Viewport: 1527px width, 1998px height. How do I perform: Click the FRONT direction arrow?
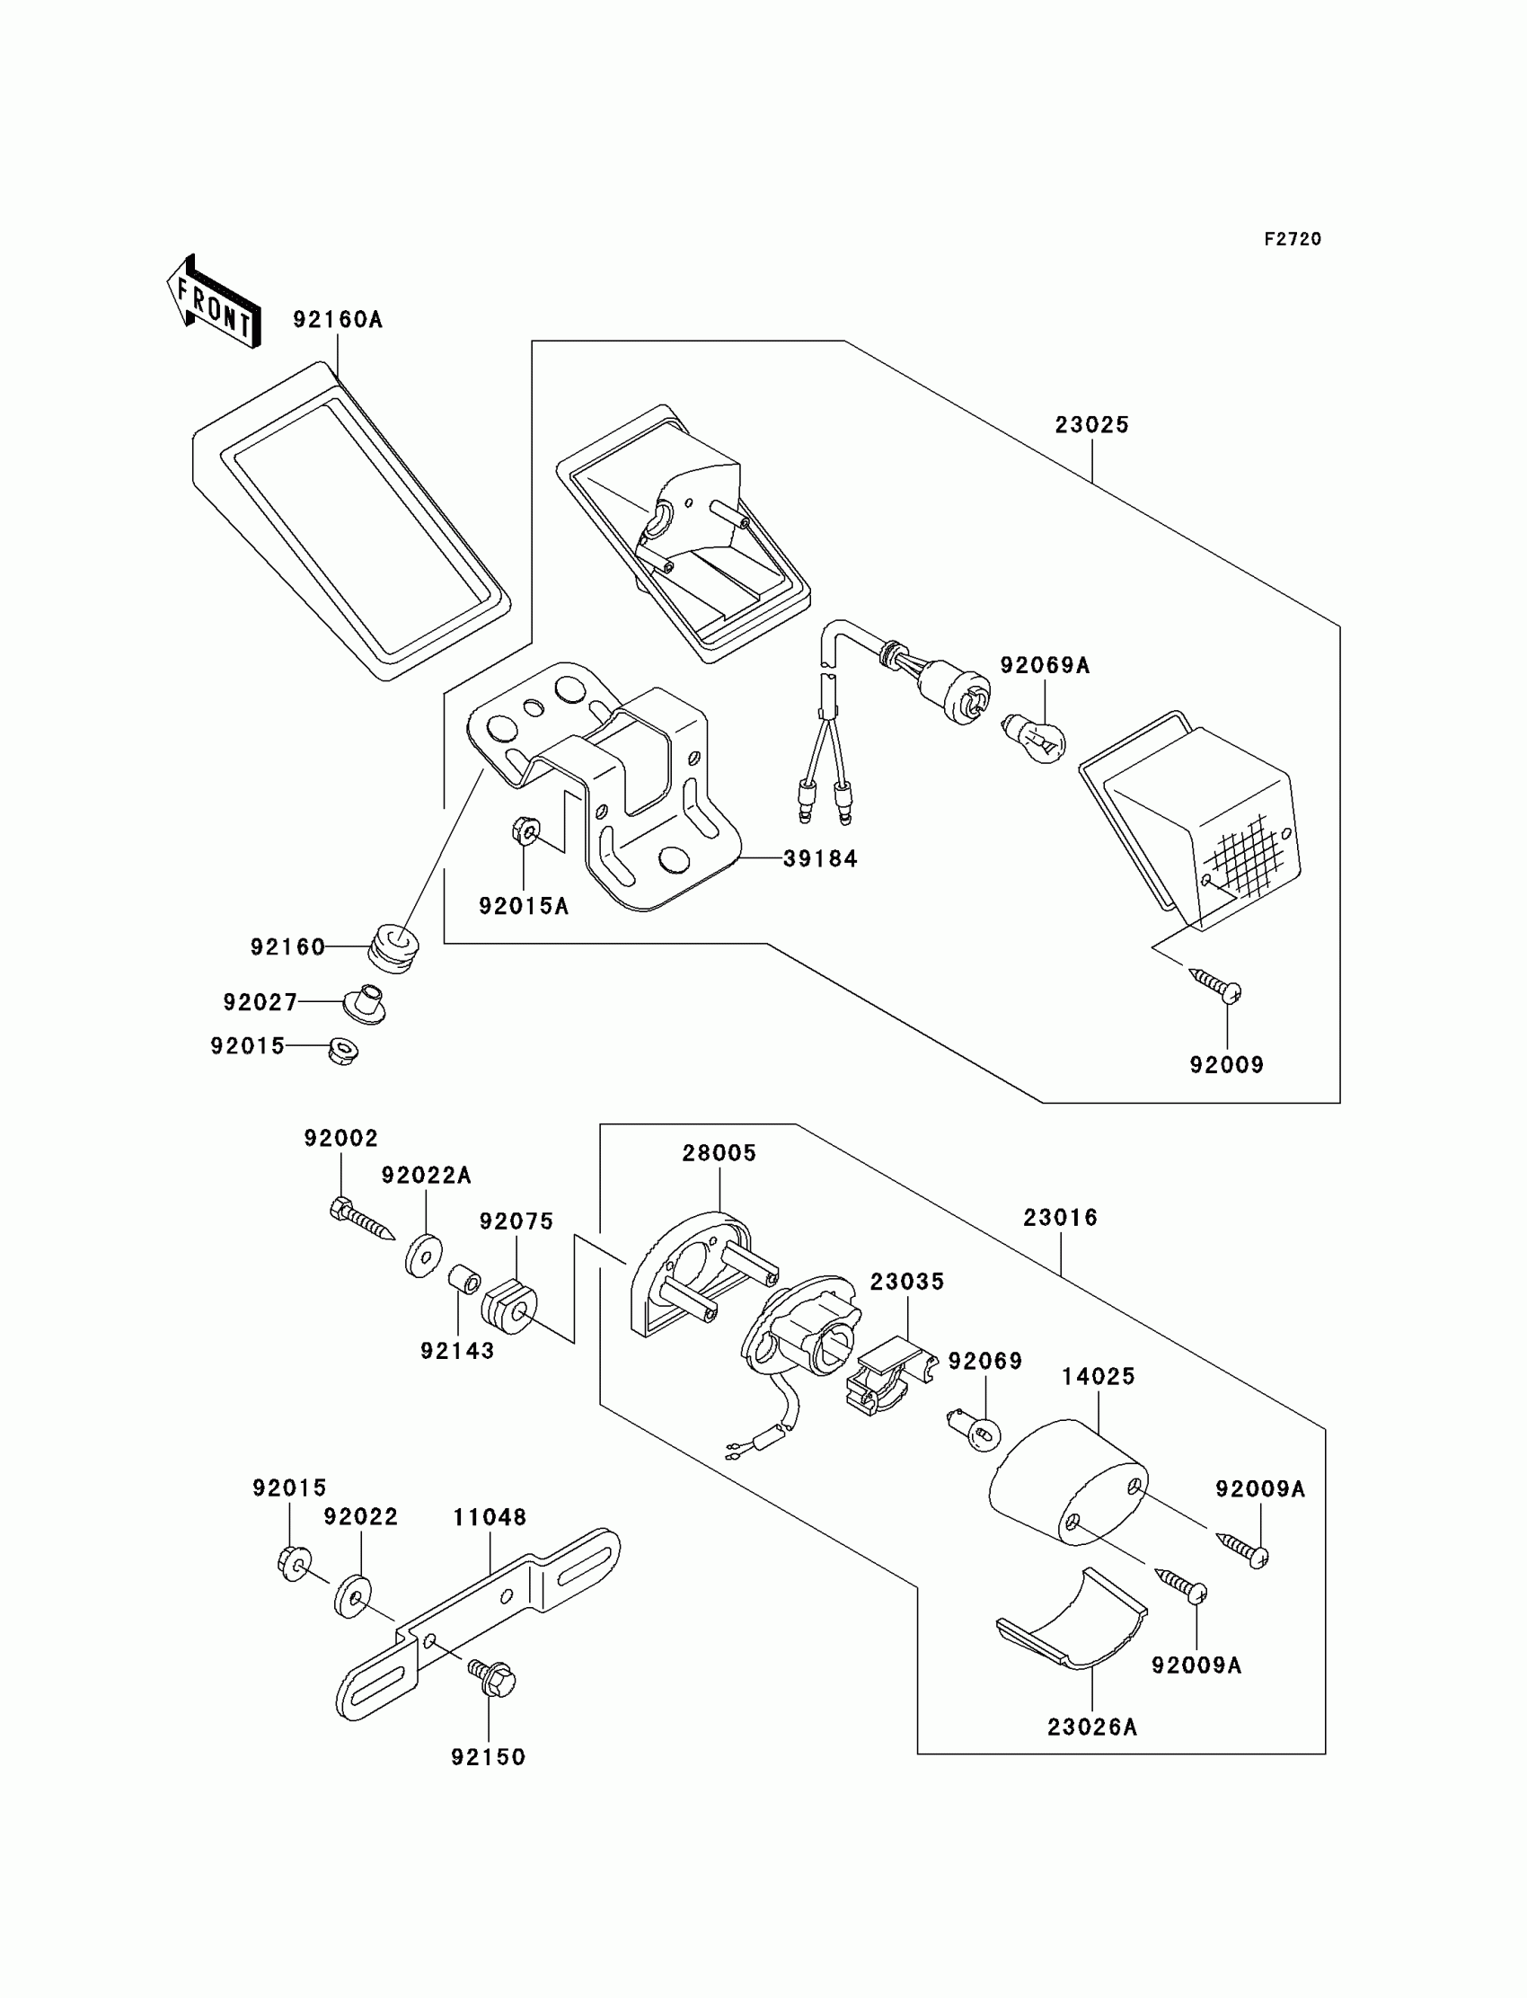pyautogui.click(x=215, y=303)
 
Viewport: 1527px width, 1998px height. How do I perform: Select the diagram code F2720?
pyautogui.click(x=1293, y=239)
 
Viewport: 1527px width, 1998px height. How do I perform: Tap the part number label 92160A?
pyautogui.click(x=337, y=319)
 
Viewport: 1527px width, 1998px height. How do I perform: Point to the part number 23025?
pyautogui.click(x=1091, y=425)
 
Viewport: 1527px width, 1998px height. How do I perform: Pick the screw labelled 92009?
pyautogui.click(x=1215, y=986)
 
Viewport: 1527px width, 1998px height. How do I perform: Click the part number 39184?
pyautogui.click(x=820, y=858)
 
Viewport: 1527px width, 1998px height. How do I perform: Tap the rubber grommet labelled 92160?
pyautogui.click(x=393, y=948)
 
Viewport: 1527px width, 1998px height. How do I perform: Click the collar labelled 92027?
pyautogui.click(x=364, y=1003)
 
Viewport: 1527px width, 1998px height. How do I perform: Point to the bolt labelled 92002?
pyautogui.click(x=362, y=1219)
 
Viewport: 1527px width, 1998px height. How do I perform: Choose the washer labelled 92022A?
pyautogui.click(x=424, y=1256)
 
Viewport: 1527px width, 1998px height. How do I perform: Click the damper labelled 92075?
pyautogui.click(x=509, y=1307)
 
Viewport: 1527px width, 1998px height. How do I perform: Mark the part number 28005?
pyautogui.click(x=719, y=1153)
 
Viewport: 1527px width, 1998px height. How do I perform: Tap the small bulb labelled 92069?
pyautogui.click(x=975, y=1431)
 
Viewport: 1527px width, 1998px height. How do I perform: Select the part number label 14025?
pyautogui.click(x=1098, y=1377)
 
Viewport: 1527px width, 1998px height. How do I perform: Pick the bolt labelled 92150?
pyautogui.click(x=491, y=1678)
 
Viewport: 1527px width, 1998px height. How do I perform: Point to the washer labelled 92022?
pyautogui.click(x=352, y=1598)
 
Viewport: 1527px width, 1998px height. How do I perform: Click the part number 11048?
pyautogui.click(x=490, y=1518)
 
